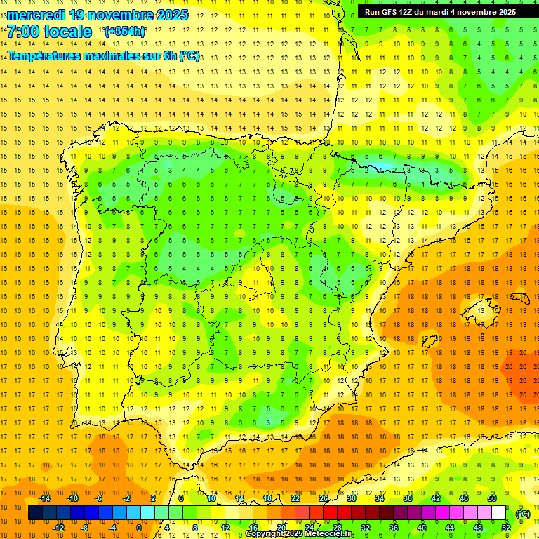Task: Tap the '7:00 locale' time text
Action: coord(49,32)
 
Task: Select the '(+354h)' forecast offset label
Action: coord(125,32)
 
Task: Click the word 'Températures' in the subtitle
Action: coord(48,55)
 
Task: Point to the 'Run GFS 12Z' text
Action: coord(388,12)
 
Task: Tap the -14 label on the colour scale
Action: coord(44,498)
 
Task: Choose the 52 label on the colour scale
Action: coord(505,528)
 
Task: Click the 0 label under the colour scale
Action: coord(139,528)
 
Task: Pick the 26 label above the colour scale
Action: coord(324,498)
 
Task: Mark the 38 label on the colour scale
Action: coord(407,498)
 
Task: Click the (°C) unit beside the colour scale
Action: coord(523,514)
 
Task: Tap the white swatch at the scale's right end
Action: coord(498,513)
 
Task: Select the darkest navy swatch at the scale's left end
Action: coord(35,513)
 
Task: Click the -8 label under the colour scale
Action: coord(84,528)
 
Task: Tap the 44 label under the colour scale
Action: coord(449,528)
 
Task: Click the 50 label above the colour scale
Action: coord(491,498)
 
